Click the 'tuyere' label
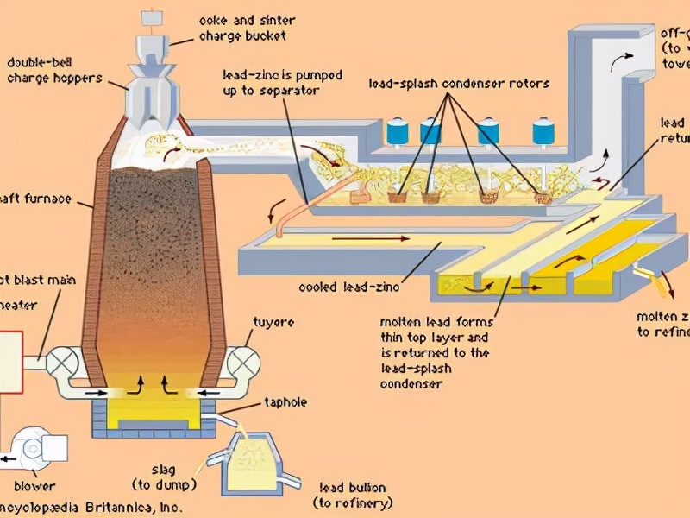[x=273, y=322]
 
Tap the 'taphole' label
[x=285, y=402]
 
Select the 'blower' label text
[x=34, y=486]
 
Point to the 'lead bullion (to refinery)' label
[x=352, y=495]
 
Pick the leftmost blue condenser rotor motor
[x=398, y=131]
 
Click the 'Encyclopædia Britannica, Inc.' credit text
[x=90, y=508]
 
